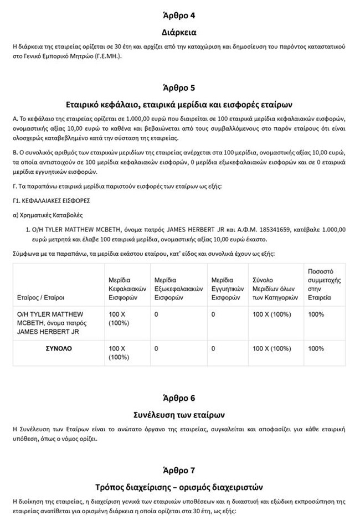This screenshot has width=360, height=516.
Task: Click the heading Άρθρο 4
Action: point(179,15)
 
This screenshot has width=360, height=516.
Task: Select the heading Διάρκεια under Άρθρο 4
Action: point(179,33)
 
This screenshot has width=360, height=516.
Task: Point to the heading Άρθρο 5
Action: point(179,87)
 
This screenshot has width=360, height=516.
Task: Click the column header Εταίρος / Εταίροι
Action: point(38,297)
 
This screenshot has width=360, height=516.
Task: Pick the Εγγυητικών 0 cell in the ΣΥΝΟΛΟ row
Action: point(213,349)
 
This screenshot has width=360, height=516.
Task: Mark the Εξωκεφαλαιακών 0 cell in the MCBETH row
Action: point(157,314)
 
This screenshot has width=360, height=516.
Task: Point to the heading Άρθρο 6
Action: point(179,398)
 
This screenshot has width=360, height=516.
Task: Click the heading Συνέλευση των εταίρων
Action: point(179,414)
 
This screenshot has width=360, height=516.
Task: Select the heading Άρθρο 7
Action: point(179,471)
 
